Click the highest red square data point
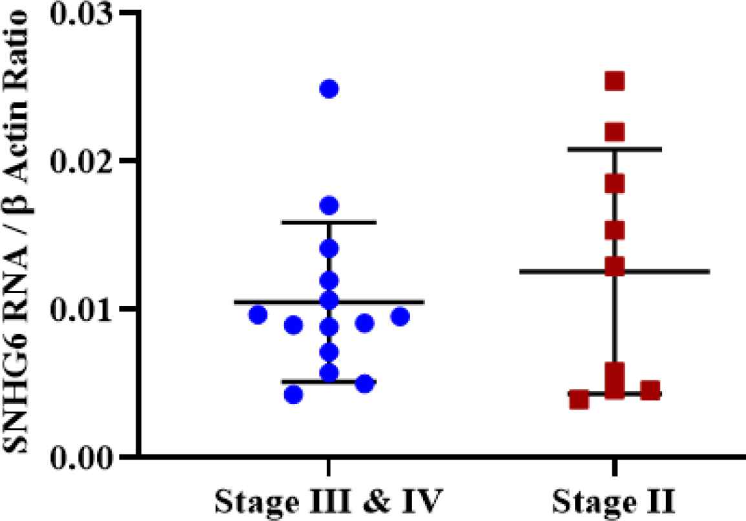(614, 81)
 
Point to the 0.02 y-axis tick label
(85, 160)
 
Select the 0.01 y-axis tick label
(85, 308)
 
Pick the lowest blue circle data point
(293, 395)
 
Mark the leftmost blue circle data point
(258, 315)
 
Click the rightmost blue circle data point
(400, 316)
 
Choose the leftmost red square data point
(579, 400)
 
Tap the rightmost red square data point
(650, 391)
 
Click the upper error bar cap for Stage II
(614, 149)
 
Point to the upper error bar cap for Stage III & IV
(329, 222)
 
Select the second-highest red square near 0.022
(614, 132)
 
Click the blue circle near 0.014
(329, 249)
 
